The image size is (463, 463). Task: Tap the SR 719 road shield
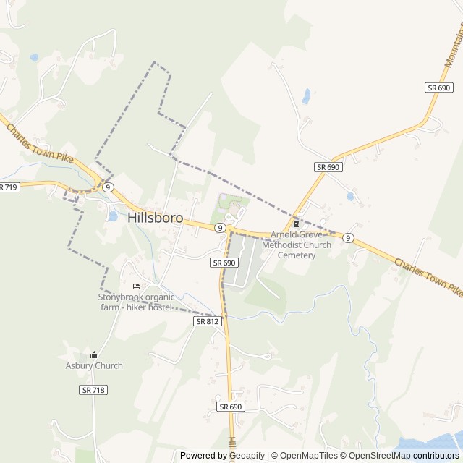pyautogui.click(x=8, y=187)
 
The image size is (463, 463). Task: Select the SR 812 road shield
pyautogui.click(x=207, y=320)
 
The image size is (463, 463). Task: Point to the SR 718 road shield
pyautogui.click(x=93, y=390)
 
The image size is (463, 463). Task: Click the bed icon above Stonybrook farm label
pyautogui.click(x=135, y=286)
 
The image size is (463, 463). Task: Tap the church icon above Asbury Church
pyautogui.click(x=94, y=354)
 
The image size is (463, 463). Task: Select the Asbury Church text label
pyautogui.click(x=94, y=365)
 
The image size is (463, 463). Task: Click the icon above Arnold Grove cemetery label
pyautogui.click(x=295, y=224)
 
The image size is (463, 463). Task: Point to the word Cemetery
pyautogui.click(x=297, y=255)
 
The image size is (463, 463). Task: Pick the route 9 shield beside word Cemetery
pyautogui.click(x=348, y=237)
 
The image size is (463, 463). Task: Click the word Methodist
pyautogui.click(x=281, y=245)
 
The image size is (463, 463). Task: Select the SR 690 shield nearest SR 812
pyautogui.click(x=225, y=263)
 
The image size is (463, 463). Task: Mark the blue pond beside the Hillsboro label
pyautogui.click(x=112, y=216)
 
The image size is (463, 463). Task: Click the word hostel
pyautogui.click(x=158, y=307)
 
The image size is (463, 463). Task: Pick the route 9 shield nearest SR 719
pyautogui.click(x=108, y=187)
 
